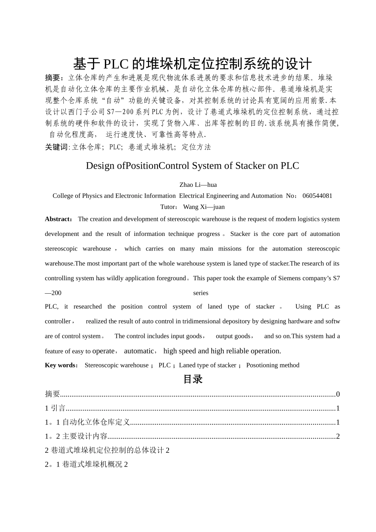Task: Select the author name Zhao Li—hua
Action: tap(198, 185)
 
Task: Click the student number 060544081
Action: tap(317, 196)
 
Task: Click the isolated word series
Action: tap(201, 293)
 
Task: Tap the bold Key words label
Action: tap(61, 365)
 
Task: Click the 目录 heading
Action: tap(193, 380)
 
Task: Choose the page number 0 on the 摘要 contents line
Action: tap(338, 394)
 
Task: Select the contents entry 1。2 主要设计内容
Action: tap(76, 437)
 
